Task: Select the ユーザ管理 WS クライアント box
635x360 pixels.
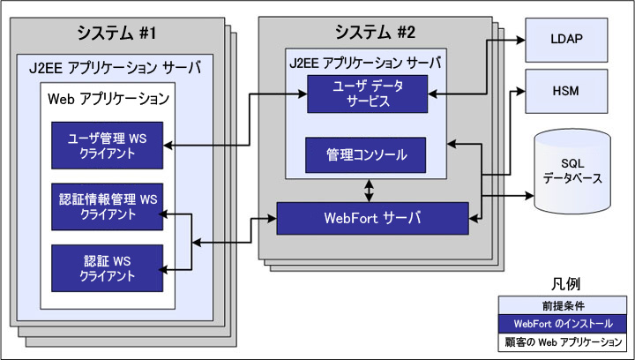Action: pyautogui.click(x=108, y=145)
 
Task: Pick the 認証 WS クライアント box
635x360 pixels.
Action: pyautogui.click(x=108, y=266)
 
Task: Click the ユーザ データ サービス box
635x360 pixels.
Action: pyautogui.click(x=368, y=94)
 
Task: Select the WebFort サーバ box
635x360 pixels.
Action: pyautogui.click(x=373, y=218)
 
